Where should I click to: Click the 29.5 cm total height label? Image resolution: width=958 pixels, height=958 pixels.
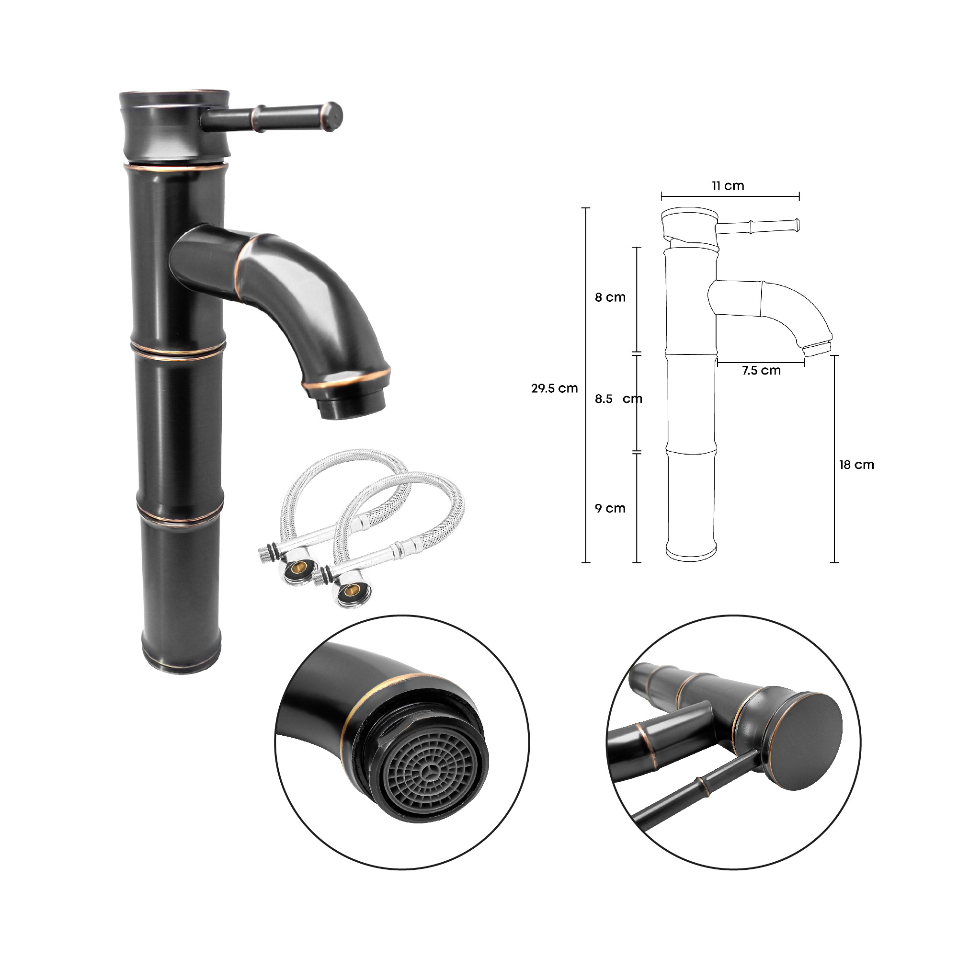(554, 388)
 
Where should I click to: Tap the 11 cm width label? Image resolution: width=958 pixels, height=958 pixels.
(728, 186)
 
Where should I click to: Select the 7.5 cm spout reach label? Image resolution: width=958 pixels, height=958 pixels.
(761, 370)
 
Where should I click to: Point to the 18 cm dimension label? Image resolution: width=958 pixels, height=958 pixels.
(856, 465)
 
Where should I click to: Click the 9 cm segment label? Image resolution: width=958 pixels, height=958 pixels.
(610, 508)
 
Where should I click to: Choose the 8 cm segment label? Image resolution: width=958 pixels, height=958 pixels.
(610, 297)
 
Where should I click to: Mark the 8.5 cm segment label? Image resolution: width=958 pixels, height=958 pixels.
(618, 399)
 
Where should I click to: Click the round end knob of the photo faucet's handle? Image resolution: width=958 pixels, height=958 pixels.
(333, 117)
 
